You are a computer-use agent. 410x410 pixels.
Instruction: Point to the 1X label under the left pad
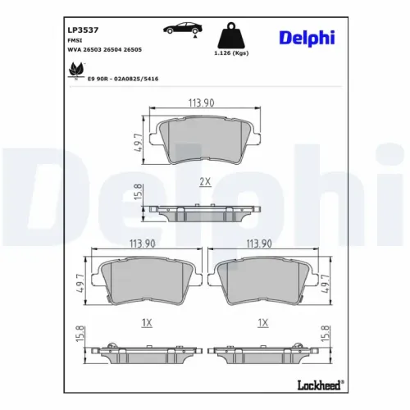tap(147, 322)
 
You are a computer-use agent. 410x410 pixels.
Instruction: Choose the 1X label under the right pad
tap(262, 322)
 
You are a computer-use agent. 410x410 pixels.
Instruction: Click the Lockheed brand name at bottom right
tap(318, 385)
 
